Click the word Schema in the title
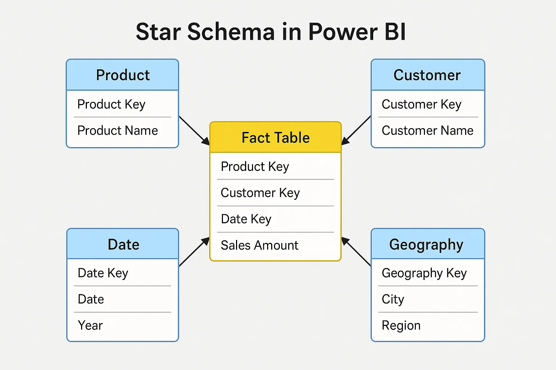tap(231, 32)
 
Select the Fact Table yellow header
tap(275, 137)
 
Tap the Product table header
tap(123, 74)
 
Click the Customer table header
tap(427, 74)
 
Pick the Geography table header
tap(427, 244)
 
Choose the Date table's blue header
tap(123, 244)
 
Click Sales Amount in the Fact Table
tap(260, 245)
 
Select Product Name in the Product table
tap(117, 130)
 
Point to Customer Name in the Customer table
tap(427, 130)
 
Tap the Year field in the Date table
tap(90, 326)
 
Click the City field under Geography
tap(393, 300)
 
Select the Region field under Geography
tap(401, 326)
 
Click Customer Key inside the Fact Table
tap(260, 193)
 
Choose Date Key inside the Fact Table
tap(246, 219)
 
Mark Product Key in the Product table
tap(111, 104)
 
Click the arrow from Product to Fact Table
tap(194, 130)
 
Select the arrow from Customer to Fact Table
tap(356, 130)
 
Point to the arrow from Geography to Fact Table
tap(356, 251)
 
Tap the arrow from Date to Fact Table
tap(194, 251)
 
